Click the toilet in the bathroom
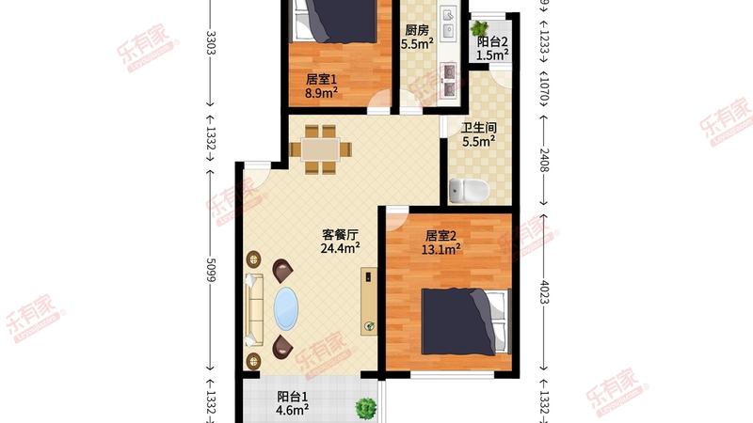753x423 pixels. (470, 191)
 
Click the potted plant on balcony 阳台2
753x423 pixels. (483, 27)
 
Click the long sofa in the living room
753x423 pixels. (254, 307)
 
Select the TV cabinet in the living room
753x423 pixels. (368, 300)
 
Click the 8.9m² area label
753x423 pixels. (321, 93)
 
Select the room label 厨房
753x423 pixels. (415, 29)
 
